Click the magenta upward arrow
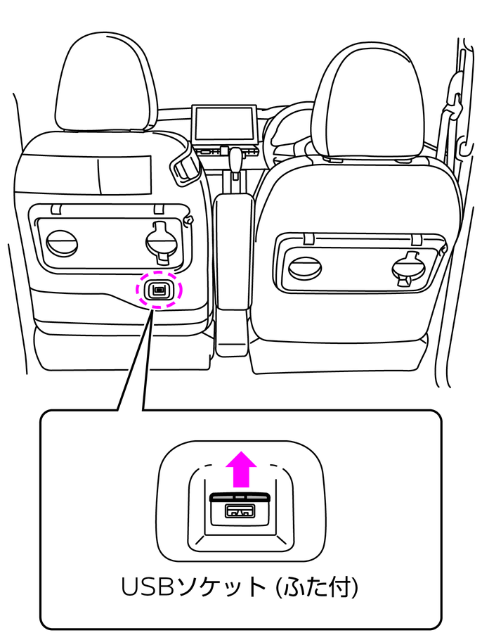(241, 469)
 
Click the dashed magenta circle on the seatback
(159, 290)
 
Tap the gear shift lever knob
(236, 156)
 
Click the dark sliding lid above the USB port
(240, 497)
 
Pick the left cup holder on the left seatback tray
(61, 243)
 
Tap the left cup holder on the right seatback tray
(304, 269)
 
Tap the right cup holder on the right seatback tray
(408, 269)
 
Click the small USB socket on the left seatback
(159, 290)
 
